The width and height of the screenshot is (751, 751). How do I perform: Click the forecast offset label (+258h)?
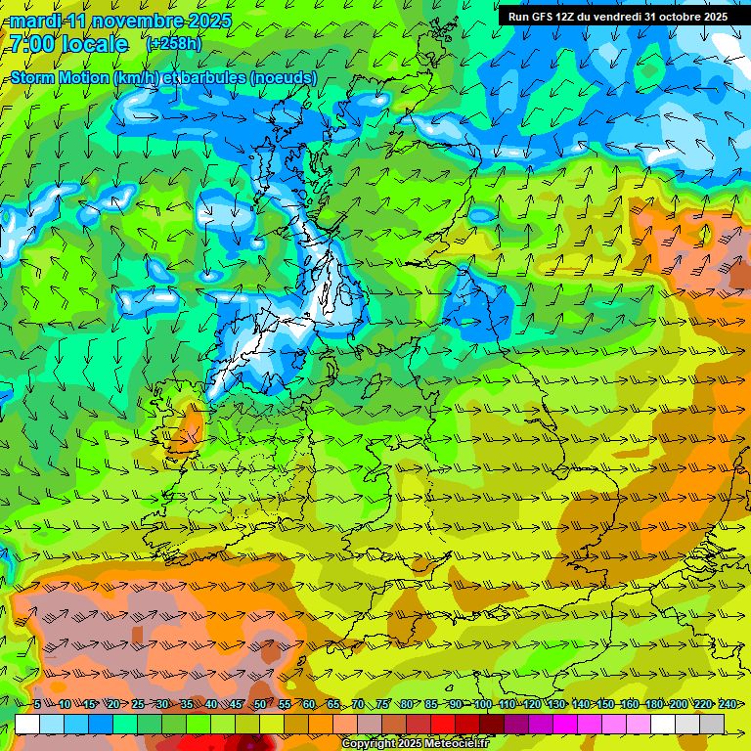pos(175,44)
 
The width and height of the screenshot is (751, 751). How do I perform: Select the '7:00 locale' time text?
pos(68,44)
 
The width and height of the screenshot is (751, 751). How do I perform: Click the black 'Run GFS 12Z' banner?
pos(617,17)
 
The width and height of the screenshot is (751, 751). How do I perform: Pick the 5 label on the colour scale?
pos(37,704)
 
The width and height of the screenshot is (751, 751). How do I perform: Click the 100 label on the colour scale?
pos(482,704)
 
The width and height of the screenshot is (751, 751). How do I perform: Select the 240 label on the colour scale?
pos(727,704)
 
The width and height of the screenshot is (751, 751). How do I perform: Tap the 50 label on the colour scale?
pos(259,704)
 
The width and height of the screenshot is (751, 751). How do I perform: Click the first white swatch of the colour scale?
pos(27,724)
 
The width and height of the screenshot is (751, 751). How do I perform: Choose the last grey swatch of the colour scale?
pos(712,724)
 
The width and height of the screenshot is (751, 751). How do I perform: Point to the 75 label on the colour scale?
pos(382,704)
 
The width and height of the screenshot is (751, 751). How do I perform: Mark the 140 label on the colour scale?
pos(580,704)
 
